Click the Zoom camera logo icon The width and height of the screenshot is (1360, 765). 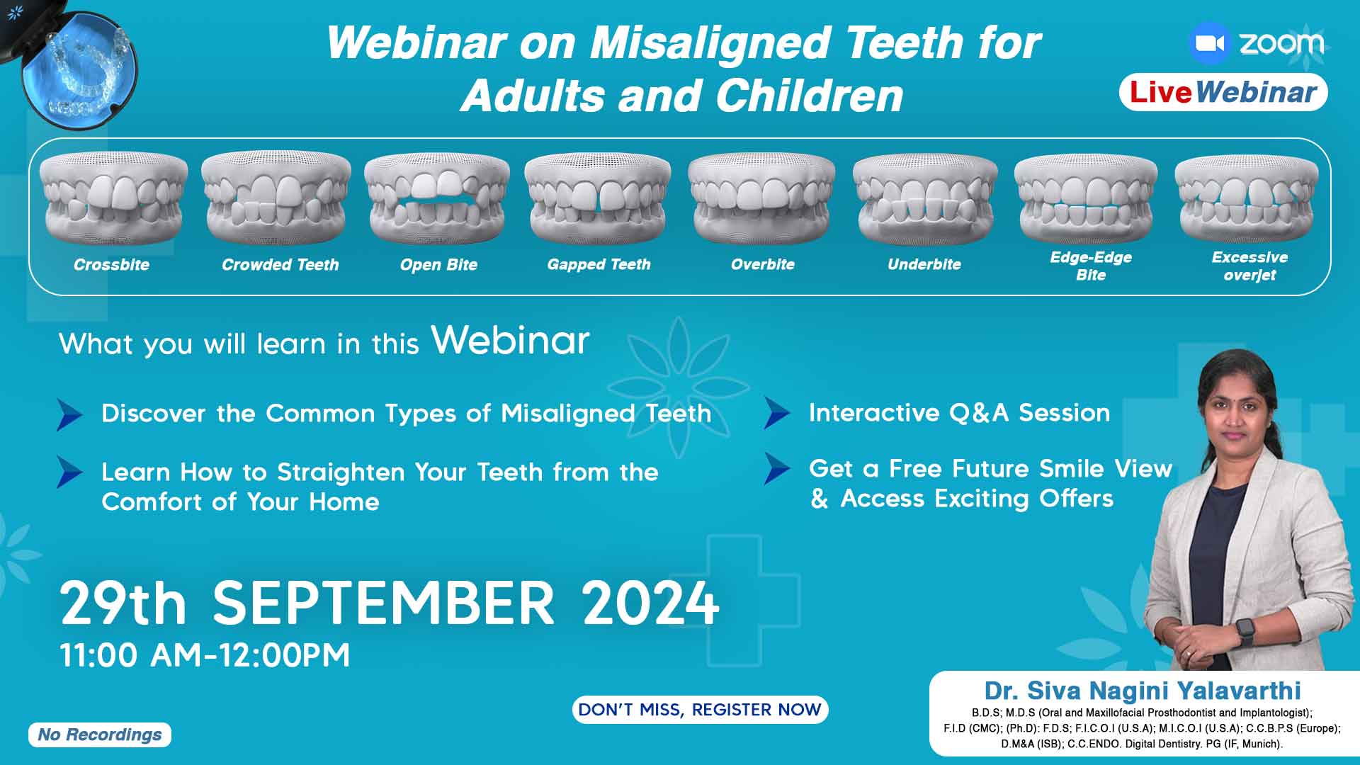1211,43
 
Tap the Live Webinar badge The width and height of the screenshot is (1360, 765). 1223,92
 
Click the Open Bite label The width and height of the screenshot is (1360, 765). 438,265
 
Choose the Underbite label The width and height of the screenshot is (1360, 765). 924,264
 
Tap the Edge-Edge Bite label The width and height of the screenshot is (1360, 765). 1091,266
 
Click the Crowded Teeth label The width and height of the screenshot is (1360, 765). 280,265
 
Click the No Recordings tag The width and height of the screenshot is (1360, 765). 100,735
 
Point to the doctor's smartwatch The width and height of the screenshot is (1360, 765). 1245,630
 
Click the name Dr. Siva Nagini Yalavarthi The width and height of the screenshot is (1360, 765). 1143,691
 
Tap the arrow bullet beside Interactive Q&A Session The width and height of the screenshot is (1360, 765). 777,413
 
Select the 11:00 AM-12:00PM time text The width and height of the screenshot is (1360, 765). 205,655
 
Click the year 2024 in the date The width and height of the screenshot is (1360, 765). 651,603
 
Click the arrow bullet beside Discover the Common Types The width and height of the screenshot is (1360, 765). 69,414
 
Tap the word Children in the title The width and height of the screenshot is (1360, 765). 810,95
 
